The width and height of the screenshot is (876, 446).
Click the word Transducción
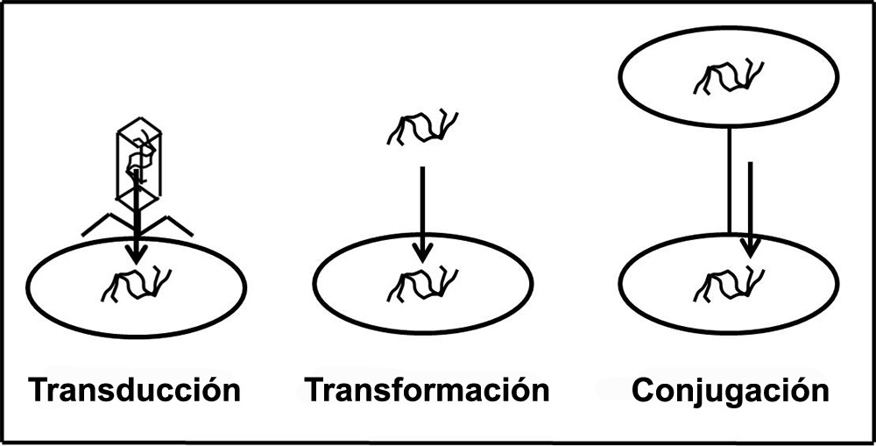(135, 390)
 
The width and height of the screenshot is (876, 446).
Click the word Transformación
(427, 390)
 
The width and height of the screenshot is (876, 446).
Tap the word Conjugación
(731, 390)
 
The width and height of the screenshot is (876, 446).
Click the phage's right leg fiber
(166, 224)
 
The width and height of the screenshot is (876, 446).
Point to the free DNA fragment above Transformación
(423, 127)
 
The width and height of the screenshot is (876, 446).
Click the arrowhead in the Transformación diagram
(422, 253)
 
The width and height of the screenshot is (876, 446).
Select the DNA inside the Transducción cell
(136, 286)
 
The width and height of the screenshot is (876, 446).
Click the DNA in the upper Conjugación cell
(728, 76)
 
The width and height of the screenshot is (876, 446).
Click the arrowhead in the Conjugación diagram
(750, 249)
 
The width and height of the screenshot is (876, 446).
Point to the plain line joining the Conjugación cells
(729, 181)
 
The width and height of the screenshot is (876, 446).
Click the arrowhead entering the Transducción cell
(137, 255)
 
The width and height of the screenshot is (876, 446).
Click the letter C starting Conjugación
(644, 391)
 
